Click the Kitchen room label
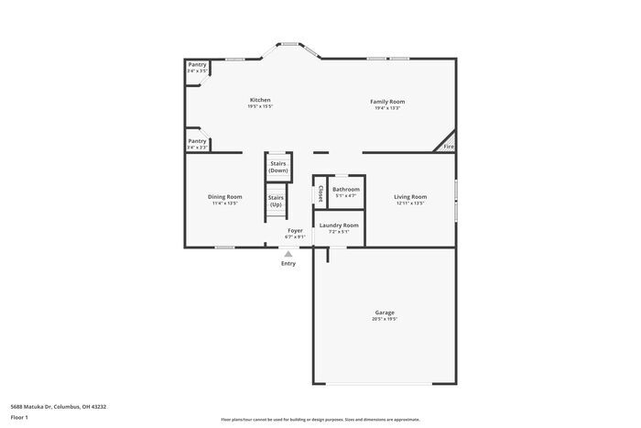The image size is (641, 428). tap(260, 100)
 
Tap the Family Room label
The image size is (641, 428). tap(387, 101)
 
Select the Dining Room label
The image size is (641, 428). tap(224, 196)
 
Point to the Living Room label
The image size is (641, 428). tap(410, 196)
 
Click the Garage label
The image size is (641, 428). tap(385, 313)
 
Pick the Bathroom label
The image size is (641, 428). tap(346, 189)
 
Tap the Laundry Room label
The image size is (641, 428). tap(339, 225)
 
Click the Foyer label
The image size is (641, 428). tap(295, 230)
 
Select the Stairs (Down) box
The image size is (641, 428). tap(278, 167)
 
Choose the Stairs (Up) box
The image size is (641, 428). tap(276, 201)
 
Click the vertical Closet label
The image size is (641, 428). tap(320, 193)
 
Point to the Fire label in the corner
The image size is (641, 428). tap(449, 147)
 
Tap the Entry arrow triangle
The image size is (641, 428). tap(288, 254)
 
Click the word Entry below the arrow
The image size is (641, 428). tap(288, 264)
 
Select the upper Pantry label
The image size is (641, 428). tap(197, 64)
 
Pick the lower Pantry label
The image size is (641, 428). tap(197, 141)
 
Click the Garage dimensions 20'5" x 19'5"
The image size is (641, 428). tap(385, 319)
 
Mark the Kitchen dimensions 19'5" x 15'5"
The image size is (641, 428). tap(260, 106)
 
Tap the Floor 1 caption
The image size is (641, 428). tap(19, 417)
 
